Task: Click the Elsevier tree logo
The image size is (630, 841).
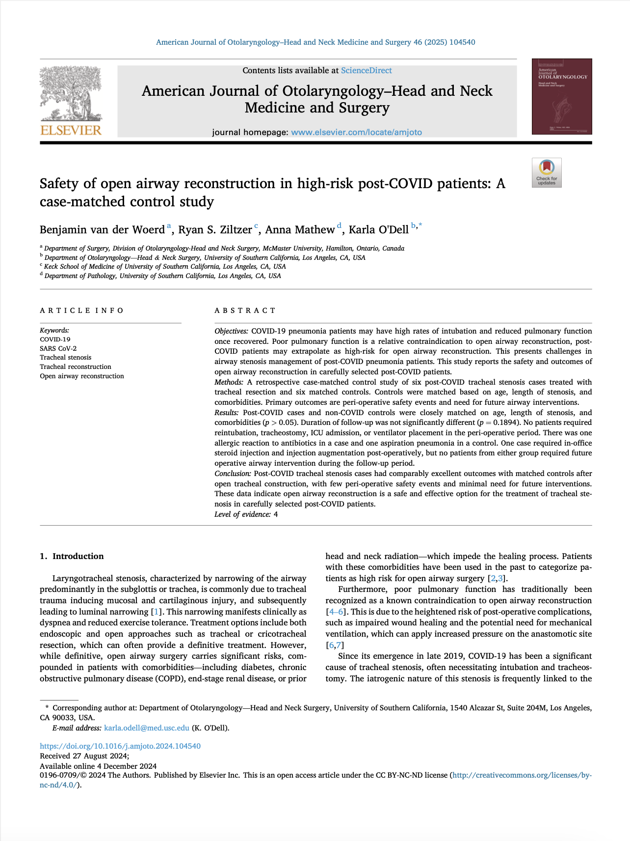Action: pyautogui.click(x=71, y=101)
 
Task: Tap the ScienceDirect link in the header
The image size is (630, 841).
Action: pyautogui.click(x=366, y=70)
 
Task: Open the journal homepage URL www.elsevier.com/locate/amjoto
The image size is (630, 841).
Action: pyautogui.click(x=356, y=132)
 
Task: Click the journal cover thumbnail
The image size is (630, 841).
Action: pyautogui.click(x=562, y=96)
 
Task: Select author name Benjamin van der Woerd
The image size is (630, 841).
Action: pyautogui.click(x=102, y=230)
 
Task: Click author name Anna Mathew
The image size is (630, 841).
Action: pyautogui.click(x=300, y=230)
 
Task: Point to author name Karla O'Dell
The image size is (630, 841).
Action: pyautogui.click(x=378, y=230)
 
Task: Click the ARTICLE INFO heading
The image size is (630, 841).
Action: pyautogui.click(x=81, y=310)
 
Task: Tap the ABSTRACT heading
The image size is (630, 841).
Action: pyautogui.click(x=245, y=310)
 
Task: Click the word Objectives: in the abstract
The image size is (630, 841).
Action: pyautogui.click(x=231, y=331)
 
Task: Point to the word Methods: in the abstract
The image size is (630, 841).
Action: pyautogui.click(x=229, y=382)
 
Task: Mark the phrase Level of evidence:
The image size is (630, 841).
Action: pyautogui.click(x=242, y=514)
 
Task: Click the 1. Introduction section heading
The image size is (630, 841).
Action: pyautogui.click(x=72, y=556)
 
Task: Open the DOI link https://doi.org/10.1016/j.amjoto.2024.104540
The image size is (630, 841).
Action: pyautogui.click(x=120, y=746)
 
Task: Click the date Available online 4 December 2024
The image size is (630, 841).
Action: pyautogui.click(x=98, y=766)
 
